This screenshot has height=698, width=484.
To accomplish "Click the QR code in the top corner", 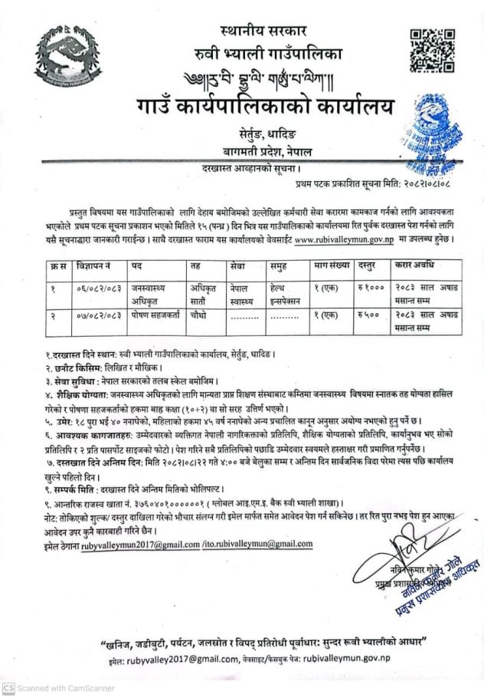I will (x=433, y=50).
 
